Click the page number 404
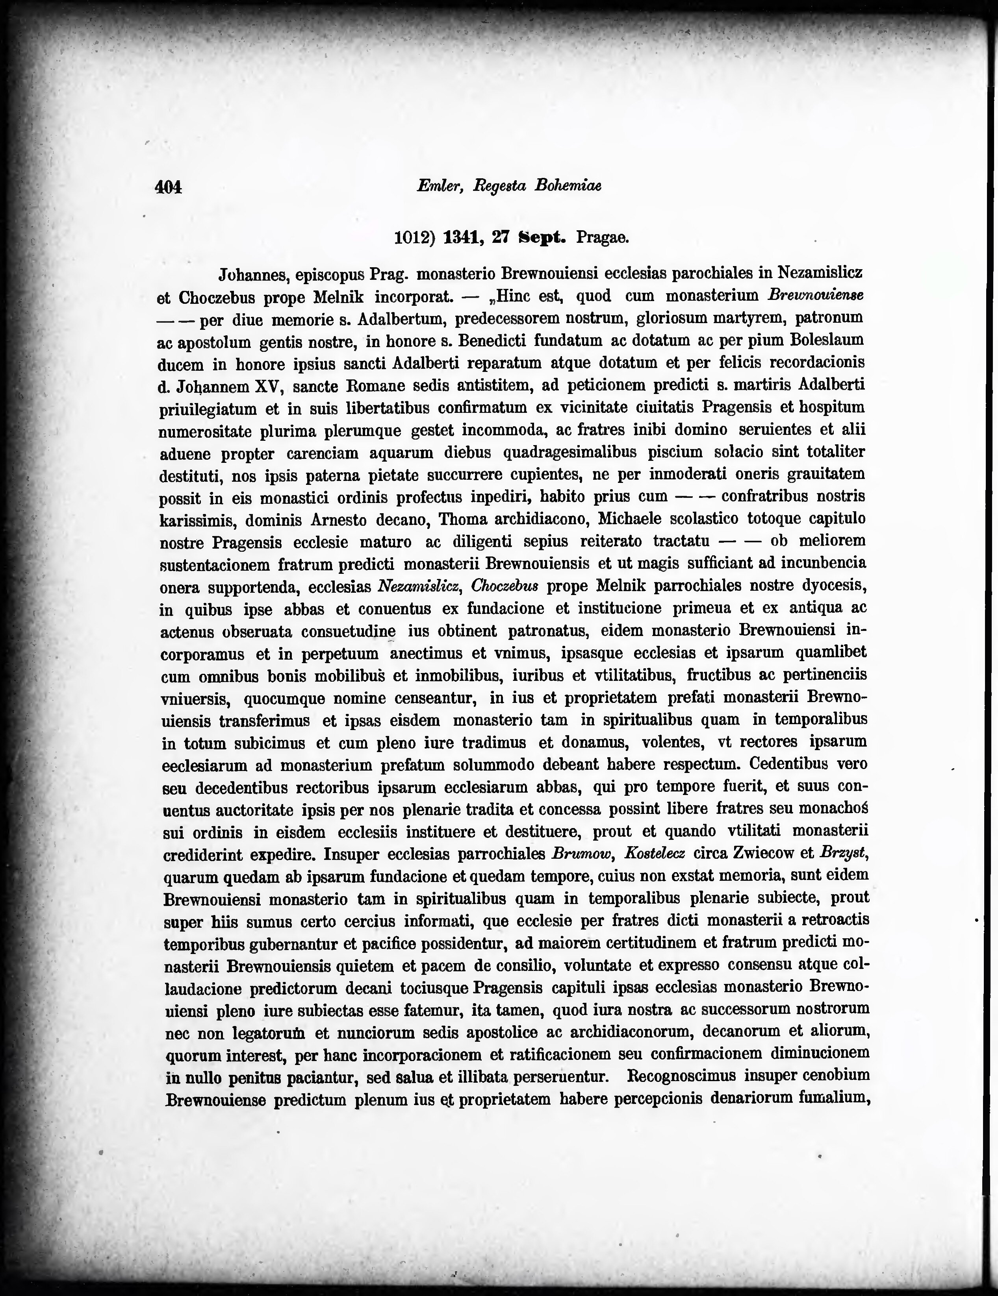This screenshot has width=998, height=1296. pyautogui.click(x=168, y=187)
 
